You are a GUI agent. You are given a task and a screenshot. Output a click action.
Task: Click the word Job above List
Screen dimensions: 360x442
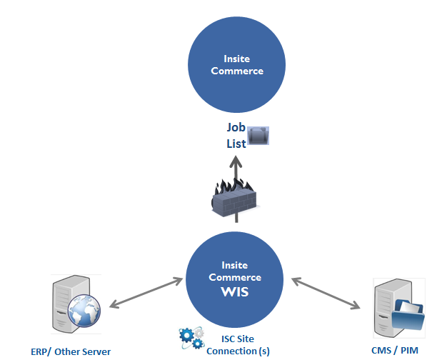point(236,128)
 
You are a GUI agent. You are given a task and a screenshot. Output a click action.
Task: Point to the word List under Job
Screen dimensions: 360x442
point(236,143)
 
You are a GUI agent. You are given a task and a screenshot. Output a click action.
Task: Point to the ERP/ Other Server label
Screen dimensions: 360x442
point(71,351)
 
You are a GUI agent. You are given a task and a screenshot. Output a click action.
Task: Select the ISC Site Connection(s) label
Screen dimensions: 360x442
point(231,345)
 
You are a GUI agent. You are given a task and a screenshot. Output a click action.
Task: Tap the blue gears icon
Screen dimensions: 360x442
point(191,339)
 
